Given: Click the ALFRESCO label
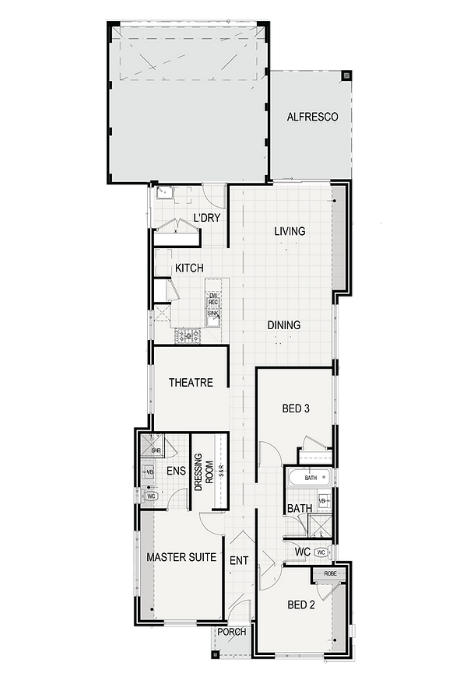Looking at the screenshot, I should (311, 117).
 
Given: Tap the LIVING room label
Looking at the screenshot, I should (289, 231).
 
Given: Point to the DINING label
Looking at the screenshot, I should (284, 326).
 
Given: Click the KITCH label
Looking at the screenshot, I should (189, 268).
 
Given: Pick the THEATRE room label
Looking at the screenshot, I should (191, 383).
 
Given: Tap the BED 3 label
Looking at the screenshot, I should (297, 407).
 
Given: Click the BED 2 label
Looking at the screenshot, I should (300, 604).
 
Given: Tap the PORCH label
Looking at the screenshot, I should (231, 632).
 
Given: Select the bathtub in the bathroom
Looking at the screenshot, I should (309, 478).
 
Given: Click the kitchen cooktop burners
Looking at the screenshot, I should (188, 336).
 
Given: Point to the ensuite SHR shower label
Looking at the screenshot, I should (156, 450).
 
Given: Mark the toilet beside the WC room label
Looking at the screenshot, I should (321, 551).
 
